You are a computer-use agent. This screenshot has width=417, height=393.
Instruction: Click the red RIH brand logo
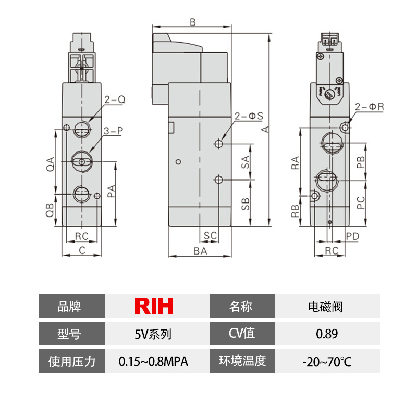tap(154, 306)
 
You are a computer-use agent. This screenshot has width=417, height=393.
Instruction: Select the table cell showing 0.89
tap(327, 333)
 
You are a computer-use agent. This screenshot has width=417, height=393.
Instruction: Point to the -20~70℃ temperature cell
tap(327, 361)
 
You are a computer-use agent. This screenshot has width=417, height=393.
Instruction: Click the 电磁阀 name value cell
tap(327, 306)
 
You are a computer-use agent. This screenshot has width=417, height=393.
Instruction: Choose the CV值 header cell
tap(242, 333)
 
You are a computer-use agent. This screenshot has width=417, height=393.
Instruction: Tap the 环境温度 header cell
tap(242, 361)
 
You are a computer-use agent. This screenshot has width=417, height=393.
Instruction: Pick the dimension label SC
tap(210, 236)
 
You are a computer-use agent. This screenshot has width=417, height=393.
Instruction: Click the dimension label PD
tap(352, 236)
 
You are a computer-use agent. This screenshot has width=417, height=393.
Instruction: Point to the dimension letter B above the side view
tap(192, 22)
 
